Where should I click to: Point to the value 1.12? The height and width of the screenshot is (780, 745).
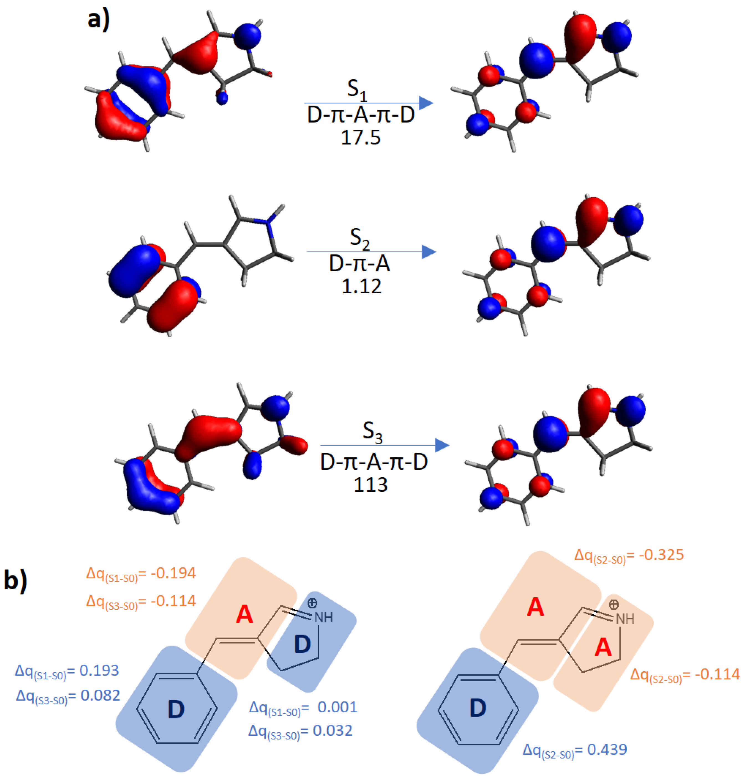(x=361, y=286)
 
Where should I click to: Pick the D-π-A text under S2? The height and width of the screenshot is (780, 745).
(x=360, y=264)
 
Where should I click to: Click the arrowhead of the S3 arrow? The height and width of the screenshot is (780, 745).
(x=442, y=445)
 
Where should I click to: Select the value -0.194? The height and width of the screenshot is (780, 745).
(x=173, y=573)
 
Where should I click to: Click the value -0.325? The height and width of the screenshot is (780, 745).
(x=662, y=555)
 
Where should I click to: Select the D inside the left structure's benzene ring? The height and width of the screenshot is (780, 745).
(x=176, y=710)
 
